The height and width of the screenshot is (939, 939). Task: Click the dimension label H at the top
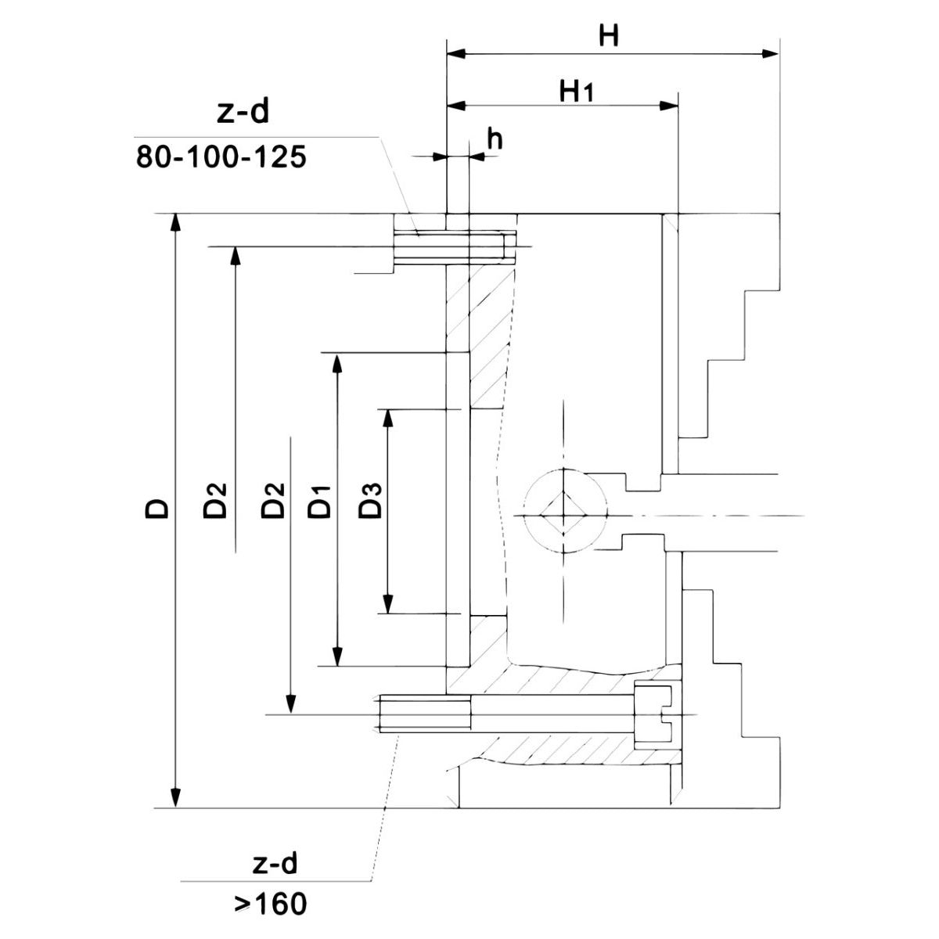609,37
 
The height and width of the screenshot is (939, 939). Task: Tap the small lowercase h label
495,139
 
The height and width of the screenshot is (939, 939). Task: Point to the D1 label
319,501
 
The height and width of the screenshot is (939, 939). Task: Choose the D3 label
369,501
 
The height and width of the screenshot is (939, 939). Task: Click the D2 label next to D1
272,501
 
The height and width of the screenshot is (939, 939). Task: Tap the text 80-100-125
220,156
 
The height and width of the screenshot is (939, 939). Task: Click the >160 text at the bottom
271,905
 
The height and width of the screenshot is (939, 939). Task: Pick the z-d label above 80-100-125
242,114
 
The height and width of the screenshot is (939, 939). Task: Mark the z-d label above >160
275,865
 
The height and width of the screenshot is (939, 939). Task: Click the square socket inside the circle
564,515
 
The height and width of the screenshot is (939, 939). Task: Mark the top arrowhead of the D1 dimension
337,363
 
